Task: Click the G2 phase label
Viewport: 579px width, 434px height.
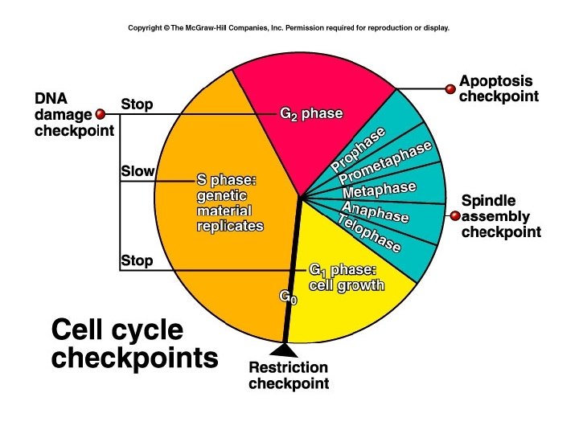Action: (310, 113)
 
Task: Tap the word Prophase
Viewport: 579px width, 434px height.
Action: (358, 149)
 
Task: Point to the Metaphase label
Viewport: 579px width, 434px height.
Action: (379, 190)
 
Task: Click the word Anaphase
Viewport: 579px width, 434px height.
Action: (375, 211)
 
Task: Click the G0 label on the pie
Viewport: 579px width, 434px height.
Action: (288, 297)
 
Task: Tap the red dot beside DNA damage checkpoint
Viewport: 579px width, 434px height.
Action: (101, 114)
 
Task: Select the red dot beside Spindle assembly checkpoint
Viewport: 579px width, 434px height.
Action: (454, 215)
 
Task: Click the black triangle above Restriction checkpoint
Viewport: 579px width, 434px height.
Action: (283, 350)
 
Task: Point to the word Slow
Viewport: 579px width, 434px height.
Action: (137, 171)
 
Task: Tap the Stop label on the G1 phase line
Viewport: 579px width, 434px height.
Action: (136, 260)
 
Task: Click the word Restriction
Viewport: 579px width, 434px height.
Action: (288, 368)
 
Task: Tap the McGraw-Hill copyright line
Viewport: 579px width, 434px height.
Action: (289, 27)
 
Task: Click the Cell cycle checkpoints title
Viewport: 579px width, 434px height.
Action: (134, 343)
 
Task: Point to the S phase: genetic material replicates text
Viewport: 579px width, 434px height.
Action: (230, 201)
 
